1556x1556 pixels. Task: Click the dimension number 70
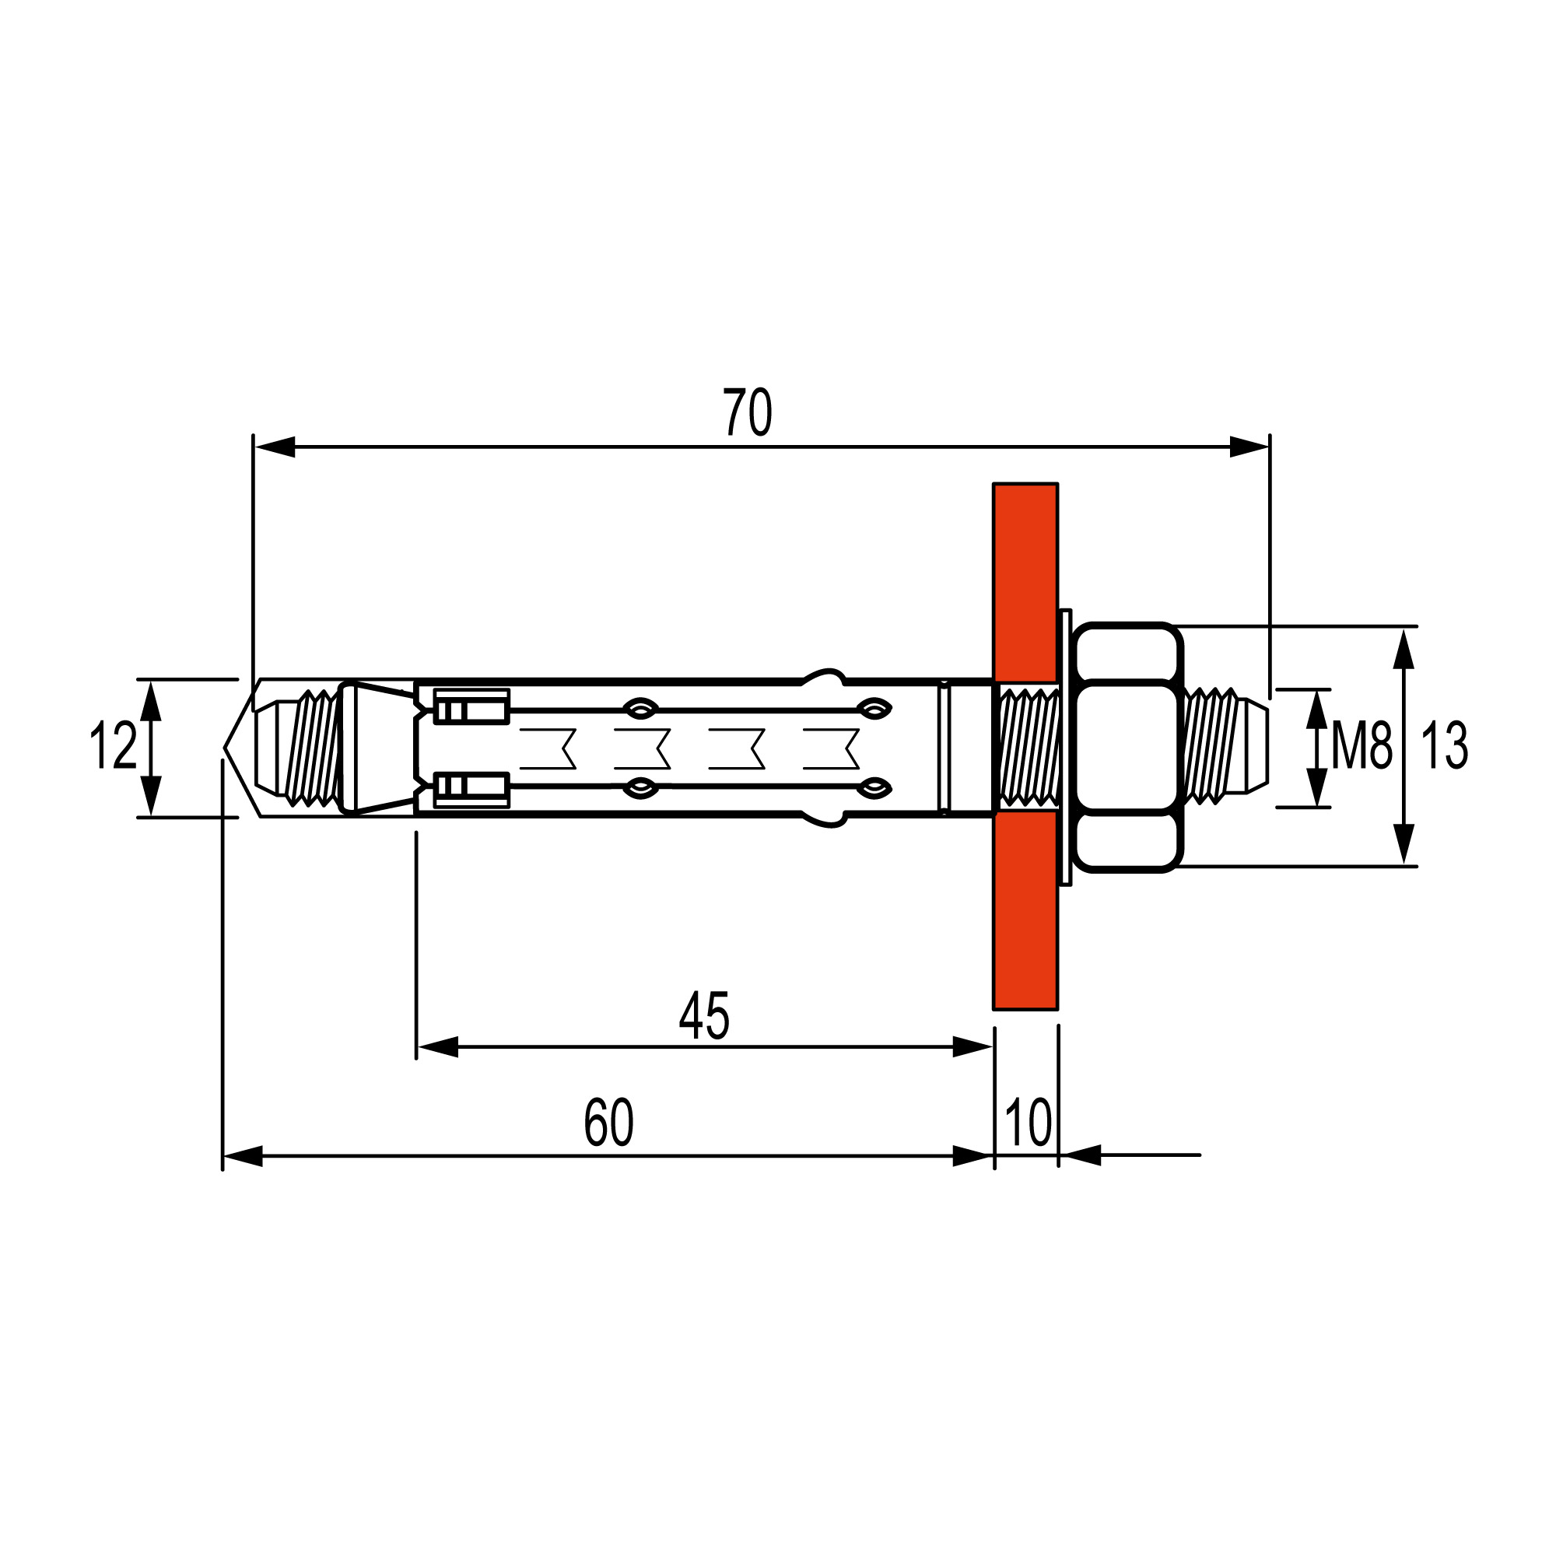click(747, 412)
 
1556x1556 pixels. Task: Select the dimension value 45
click(704, 1015)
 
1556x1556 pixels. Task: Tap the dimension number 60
click(608, 1122)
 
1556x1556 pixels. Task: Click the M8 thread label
click(1360, 746)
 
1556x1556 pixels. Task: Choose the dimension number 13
click(1444, 746)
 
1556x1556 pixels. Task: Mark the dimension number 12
click(113, 746)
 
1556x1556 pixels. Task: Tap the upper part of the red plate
click(1025, 580)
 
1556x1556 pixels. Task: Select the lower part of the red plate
click(1025, 910)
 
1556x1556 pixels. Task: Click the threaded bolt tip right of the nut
click(1224, 746)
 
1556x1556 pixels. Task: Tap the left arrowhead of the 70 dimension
click(274, 447)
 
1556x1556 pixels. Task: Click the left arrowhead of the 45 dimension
click(437, 1047)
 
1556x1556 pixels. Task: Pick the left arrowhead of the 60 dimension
click(243, 1156)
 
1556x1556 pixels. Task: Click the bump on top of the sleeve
click(823, 677)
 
